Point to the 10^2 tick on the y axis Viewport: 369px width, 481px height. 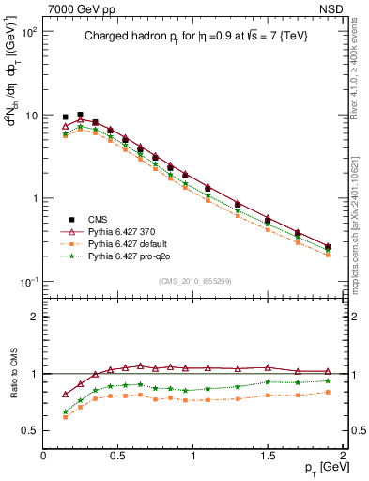[x=29, y=32]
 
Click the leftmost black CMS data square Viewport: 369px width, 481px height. [x=65, y=116]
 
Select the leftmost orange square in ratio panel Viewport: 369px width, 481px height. [x=65, y=416]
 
